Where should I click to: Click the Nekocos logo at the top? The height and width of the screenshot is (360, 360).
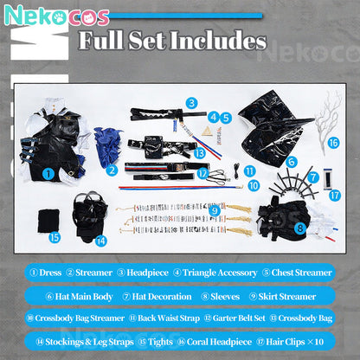57,15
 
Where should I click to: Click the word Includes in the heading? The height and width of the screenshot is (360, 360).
218,41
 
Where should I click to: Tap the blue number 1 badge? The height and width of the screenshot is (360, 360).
48,174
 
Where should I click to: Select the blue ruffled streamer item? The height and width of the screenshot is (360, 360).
106,147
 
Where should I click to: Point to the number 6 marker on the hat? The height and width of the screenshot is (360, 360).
292,162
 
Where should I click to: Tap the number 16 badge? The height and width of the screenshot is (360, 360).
334,143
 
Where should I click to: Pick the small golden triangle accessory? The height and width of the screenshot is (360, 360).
206,132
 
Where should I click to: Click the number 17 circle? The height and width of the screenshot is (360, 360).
335,196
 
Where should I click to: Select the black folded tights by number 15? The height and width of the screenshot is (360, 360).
48,222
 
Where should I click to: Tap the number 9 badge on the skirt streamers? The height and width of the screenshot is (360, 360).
215,210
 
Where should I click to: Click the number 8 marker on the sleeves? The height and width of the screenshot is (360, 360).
300,228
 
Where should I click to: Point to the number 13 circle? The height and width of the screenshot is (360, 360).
199,153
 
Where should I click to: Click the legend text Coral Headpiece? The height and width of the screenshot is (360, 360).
219,342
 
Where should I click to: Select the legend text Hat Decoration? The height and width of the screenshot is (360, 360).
162,297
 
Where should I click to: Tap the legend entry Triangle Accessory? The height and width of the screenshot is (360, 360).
220,273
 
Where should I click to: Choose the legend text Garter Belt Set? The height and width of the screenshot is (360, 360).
239,318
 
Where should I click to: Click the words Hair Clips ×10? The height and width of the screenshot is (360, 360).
294,342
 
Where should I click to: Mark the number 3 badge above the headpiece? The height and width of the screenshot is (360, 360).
192,103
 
